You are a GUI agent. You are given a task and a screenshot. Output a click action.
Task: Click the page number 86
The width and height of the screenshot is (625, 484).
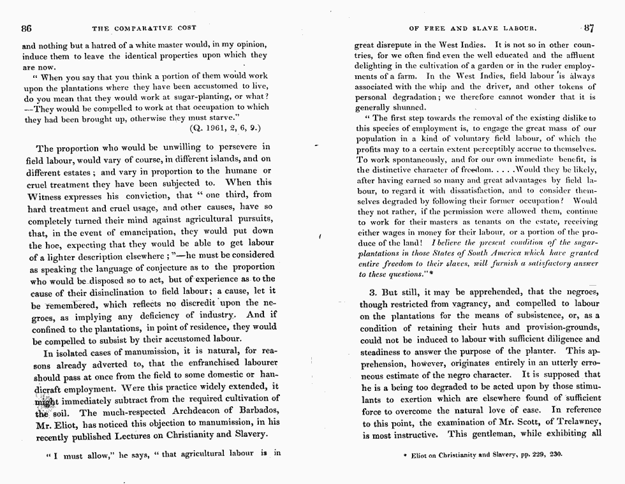[x=26, y=28]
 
